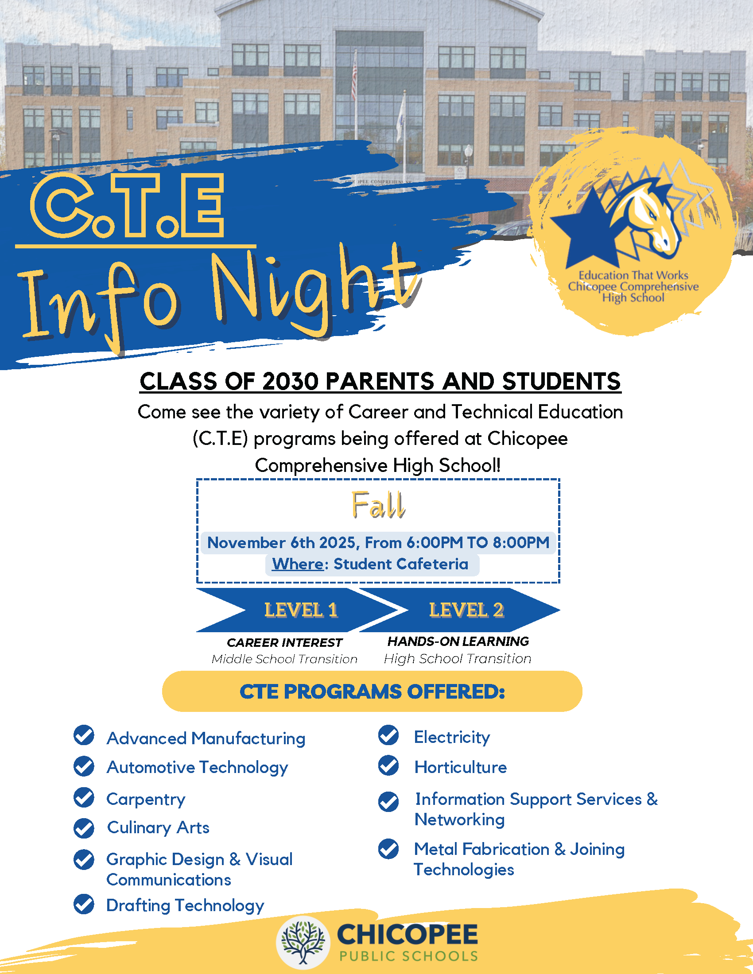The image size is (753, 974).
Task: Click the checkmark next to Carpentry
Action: point(84,798)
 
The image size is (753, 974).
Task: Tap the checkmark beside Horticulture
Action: point(388,766)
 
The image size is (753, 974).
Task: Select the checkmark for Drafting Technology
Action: point(84,904)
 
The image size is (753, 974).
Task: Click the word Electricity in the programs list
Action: point(452,737)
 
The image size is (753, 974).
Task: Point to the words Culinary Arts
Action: point(158,828)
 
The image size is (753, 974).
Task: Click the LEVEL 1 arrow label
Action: point(301,610)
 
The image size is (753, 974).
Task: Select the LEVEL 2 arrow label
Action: point(466,610)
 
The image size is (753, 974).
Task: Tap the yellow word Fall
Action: point(378,505)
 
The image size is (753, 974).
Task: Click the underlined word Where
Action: point(298,564)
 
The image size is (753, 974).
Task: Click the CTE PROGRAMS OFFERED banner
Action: point(372,692)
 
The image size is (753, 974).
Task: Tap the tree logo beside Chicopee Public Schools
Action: point(303,942)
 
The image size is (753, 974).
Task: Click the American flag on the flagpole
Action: point(354,80)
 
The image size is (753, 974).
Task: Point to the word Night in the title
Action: point(312,290)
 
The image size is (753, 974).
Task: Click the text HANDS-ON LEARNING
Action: point(458,642)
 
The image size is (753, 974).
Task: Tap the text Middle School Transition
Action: point(285,659)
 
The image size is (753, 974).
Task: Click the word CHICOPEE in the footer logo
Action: point(407,934)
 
